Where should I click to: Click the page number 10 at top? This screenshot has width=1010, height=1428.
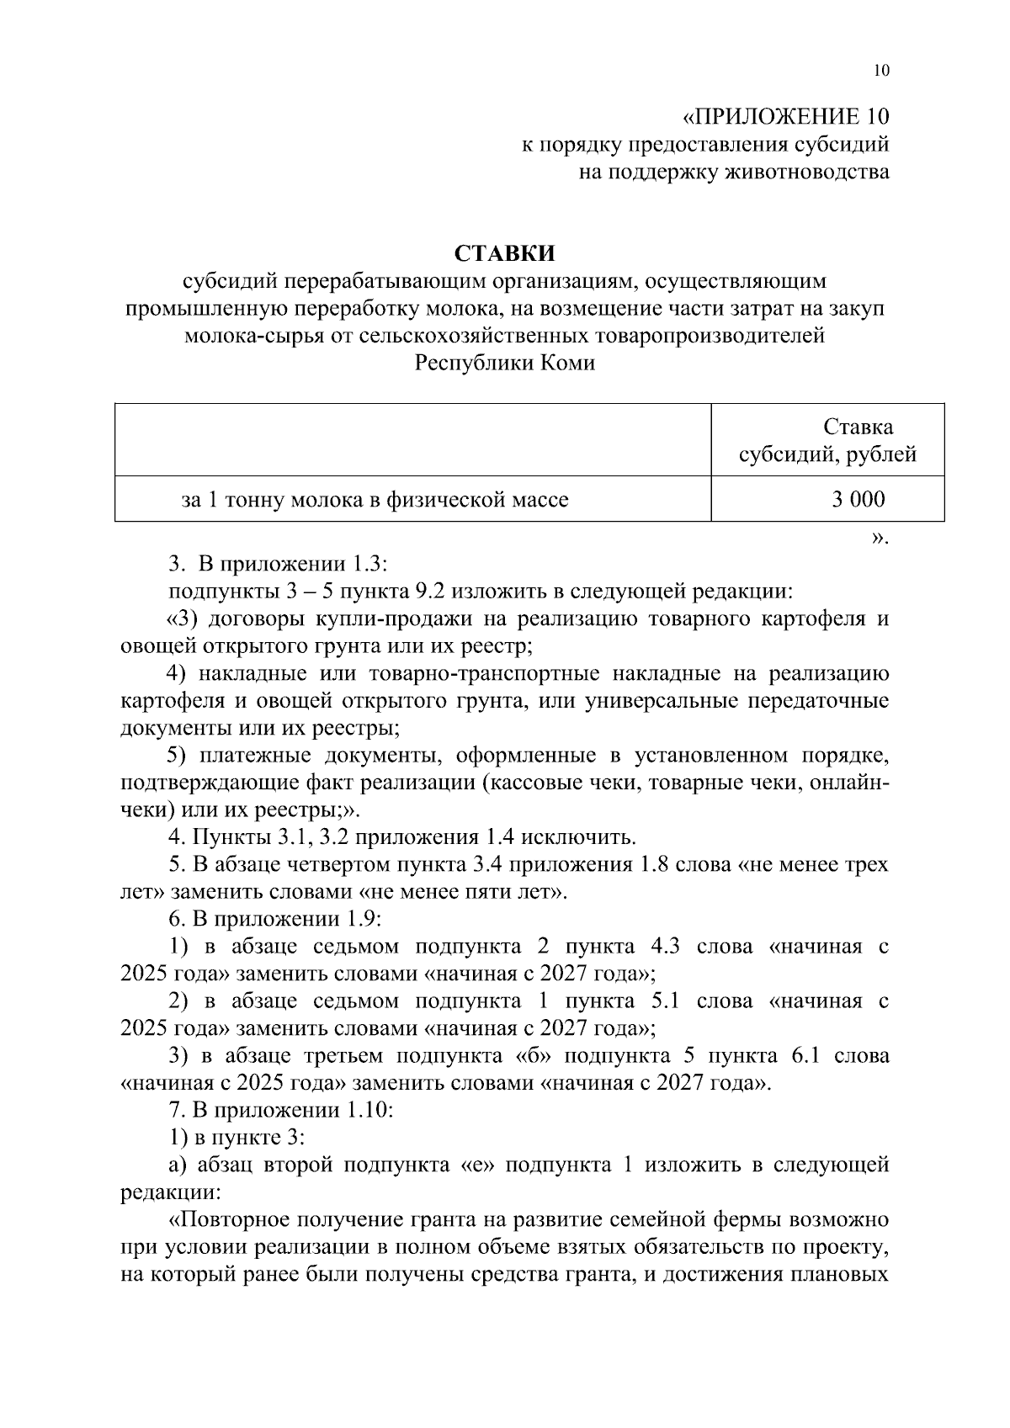[880, 71]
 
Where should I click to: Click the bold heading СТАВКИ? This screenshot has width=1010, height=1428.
[505, 252]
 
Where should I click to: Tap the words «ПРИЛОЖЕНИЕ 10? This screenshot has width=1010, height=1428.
[784, 116]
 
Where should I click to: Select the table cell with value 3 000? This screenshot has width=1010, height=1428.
[858, 500]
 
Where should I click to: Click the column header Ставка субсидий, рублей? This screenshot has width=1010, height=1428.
[827, 441]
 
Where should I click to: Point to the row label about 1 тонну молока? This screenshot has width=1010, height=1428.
[375, 500]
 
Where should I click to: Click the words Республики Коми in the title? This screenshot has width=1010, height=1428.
[505, 363]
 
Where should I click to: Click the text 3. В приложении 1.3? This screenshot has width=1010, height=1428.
[277, 562]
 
